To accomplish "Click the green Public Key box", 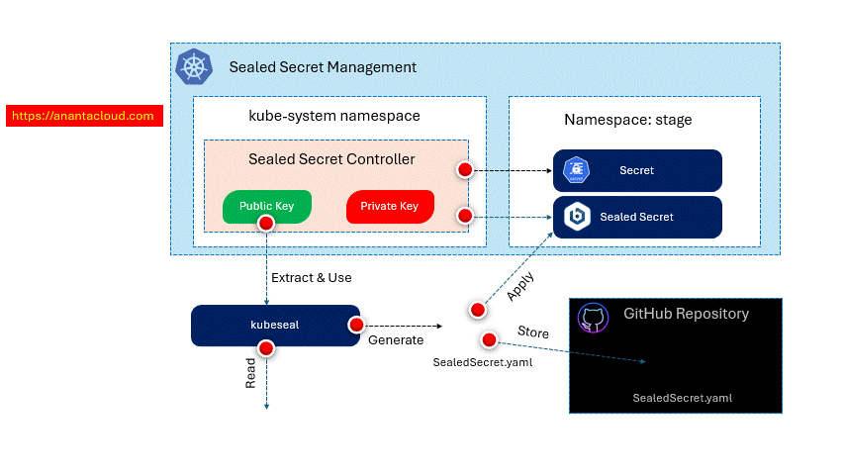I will click(x=267, y=206).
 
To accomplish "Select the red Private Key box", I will click(x=390, y=206).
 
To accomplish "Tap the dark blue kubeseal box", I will click(x=274, y=325).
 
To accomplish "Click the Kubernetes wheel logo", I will click(x=193, y=67).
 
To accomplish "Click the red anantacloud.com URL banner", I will click(x=84, y=116).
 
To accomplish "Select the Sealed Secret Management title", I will click(x=323, y=67).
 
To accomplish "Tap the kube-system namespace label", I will click(x=333, y=116).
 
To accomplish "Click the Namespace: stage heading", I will click(x=628, y=120).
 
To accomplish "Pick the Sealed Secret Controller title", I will click(x=331, y=158).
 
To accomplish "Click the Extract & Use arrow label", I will click(x=312, y=277).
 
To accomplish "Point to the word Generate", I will click(x=396, y=340).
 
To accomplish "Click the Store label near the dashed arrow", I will click(x=533, y=331).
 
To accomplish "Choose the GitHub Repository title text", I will click(x=686, y=314).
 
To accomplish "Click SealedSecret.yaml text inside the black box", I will click(x=682, y=398).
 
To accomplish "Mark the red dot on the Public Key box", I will click(x=265, y=223).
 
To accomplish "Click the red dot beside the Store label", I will click(x=489, y=340).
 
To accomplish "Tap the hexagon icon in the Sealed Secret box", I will click(x=576, y=217).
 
